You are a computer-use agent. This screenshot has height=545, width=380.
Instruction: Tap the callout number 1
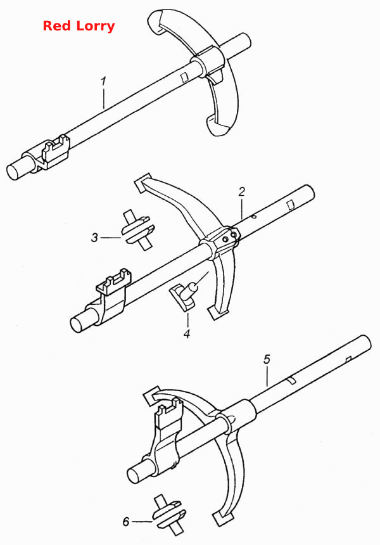click(103, 81)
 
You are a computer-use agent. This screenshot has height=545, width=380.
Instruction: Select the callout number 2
click(242, 191)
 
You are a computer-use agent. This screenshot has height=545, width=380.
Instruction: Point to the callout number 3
click(94, 238)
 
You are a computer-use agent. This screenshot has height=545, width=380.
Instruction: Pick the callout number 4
click(187, 334)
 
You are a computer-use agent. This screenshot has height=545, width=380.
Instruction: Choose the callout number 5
click(267, 359)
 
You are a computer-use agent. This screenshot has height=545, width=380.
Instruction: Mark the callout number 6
click(126, 522)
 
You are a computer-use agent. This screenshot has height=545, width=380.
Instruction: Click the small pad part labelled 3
click(137, 230)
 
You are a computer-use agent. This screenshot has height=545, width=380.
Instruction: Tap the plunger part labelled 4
click(184, 294)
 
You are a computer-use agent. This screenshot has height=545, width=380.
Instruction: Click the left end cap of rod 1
click(15, 171)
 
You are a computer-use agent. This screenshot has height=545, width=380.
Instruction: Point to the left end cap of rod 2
click(79, 324)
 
